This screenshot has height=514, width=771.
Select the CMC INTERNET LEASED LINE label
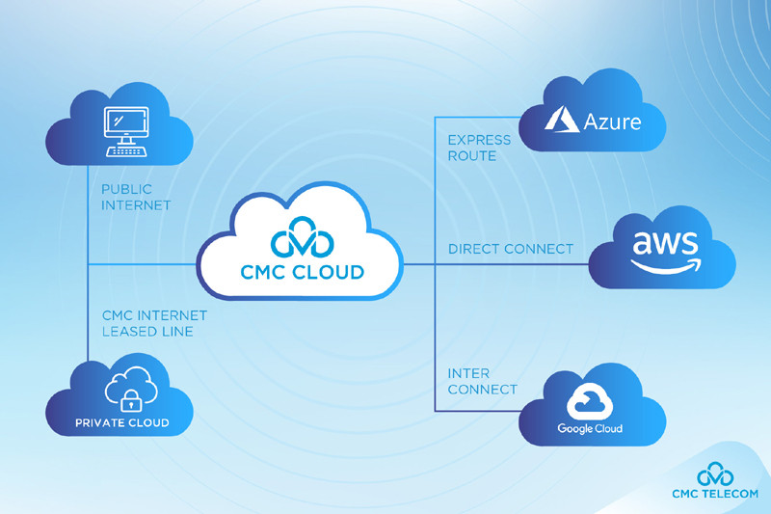(154, 323)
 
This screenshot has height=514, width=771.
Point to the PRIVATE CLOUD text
(121, 422)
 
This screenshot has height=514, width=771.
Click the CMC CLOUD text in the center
(302, 272)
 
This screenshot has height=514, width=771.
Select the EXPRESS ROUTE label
(472, 148)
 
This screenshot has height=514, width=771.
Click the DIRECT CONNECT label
(510, 249)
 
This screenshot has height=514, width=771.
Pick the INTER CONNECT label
(482, 381)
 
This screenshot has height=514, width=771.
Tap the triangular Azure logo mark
(563, 120)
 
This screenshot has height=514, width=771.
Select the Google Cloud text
(590, 428)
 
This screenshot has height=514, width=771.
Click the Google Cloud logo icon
(589, 399)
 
